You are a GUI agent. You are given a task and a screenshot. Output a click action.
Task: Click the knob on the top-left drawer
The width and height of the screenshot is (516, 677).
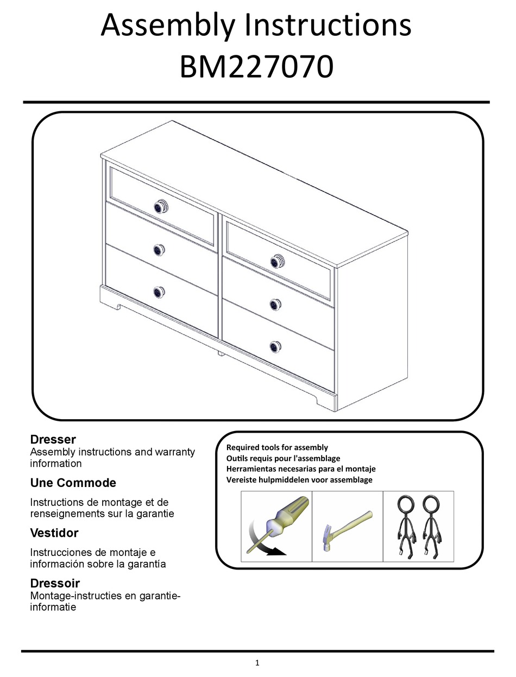point(161,206)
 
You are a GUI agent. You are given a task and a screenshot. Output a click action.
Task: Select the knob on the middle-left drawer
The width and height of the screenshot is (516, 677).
point(158,250)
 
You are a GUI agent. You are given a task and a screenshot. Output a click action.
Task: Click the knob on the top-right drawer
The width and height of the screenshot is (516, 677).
point(278,261)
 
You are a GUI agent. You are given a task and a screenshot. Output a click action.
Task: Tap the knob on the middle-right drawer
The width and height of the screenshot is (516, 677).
point(275,303)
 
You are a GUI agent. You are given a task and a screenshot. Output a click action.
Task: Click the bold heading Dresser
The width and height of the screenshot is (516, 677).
point(53,439)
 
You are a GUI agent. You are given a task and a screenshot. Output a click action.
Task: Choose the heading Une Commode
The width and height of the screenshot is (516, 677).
point(73,483)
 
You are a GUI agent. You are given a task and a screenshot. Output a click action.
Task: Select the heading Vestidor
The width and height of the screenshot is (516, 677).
point(54,533)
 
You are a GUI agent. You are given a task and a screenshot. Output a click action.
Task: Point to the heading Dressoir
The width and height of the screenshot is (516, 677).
point(55,583)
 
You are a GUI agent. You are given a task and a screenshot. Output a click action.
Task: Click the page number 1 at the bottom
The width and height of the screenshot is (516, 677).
point(257,662)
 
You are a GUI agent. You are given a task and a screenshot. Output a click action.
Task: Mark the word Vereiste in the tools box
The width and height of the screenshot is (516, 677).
point(240,480)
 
